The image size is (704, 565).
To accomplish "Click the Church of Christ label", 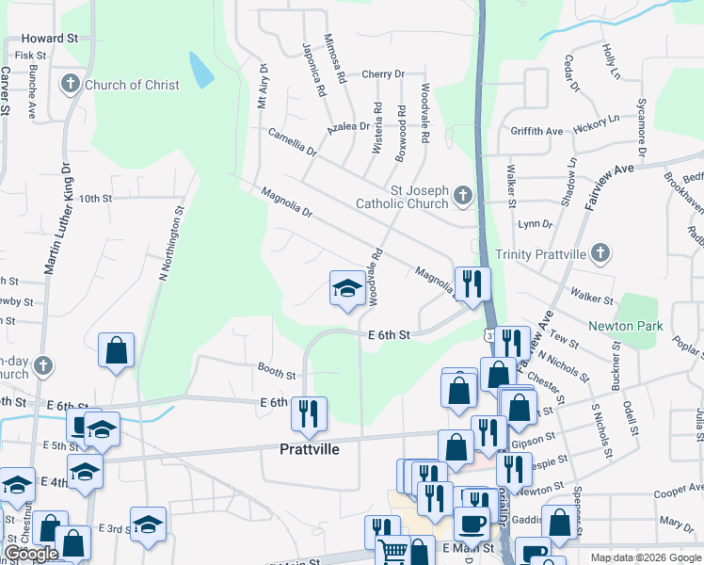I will pyautogui.click(x=132, y=85).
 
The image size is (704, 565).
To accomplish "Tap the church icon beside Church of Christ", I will pyautogui.click(x=70, y=85).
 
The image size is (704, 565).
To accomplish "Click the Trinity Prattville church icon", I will pyautogui.click(x=602, y=253).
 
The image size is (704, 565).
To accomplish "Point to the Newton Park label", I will pyautogui.click(x=626, y=327).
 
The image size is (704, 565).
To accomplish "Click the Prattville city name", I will pyautogui.click(x=310, y=449).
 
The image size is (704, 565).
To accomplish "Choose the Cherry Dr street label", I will pyautogui.click(x=382, y=73).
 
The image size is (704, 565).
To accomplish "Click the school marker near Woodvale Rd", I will pyautogui.click(x=347, y=289).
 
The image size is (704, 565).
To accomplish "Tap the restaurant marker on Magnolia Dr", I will pyautogui.click(x=472, y=283).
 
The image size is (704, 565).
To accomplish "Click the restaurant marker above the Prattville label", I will pyautogui.click(x=309, y=412).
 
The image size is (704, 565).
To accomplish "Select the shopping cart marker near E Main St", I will pyautogui.click(x=392, y=549).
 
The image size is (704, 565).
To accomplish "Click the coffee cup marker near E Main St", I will pyautogui.click(x=472, y=524).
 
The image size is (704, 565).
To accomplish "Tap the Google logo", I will pyautogui.click(x=31, y=553).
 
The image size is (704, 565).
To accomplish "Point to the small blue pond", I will pyautogui.click(x=200, y=68).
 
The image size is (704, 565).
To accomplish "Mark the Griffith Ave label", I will pyautogui.click(x=536, y=131).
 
